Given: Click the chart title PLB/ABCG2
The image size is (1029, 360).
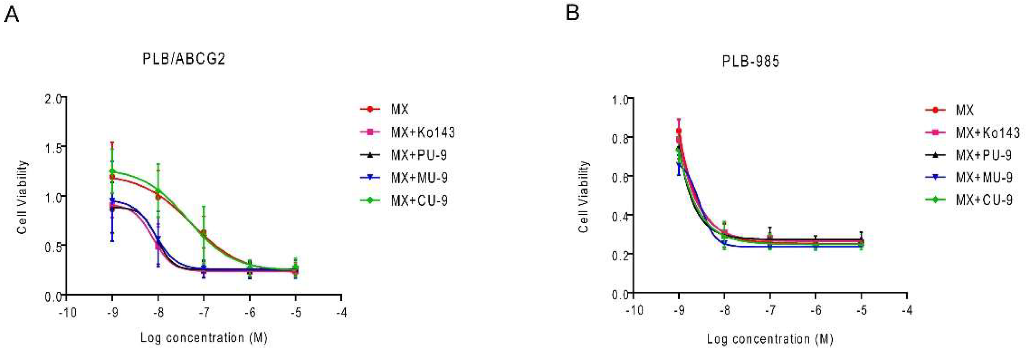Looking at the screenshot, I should click(184, 59).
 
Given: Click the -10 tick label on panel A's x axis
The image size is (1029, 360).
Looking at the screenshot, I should click(67, 312).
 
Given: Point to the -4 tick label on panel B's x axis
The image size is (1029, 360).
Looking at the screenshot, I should click(907, 310).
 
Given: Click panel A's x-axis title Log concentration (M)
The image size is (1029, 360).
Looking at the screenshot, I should click(204, 338).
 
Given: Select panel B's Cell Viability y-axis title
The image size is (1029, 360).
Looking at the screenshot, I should click(584, 197).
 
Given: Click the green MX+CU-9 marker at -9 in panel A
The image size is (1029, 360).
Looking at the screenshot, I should click(112, 171).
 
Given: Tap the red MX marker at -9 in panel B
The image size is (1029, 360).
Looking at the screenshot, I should click(679, 131).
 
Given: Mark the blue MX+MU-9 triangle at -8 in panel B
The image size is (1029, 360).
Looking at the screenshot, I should click(724, 243).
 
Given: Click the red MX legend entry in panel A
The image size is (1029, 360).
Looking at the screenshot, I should click(399, 109).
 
